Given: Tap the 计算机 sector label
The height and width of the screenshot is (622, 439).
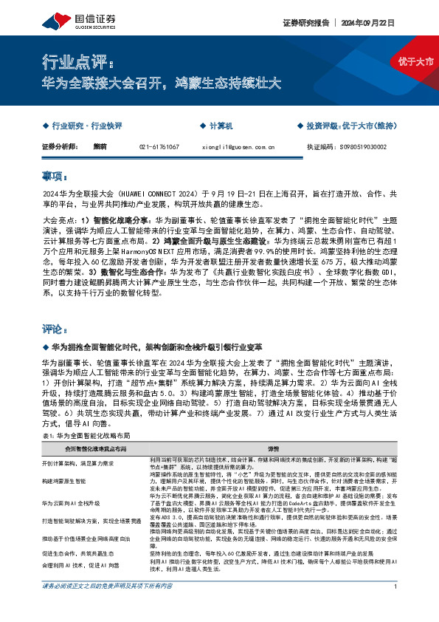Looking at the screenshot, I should pos(221,127).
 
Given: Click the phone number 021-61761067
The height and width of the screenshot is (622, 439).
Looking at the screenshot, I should pos(159,147).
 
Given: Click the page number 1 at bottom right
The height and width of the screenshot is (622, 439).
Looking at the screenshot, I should pos(396,607).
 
